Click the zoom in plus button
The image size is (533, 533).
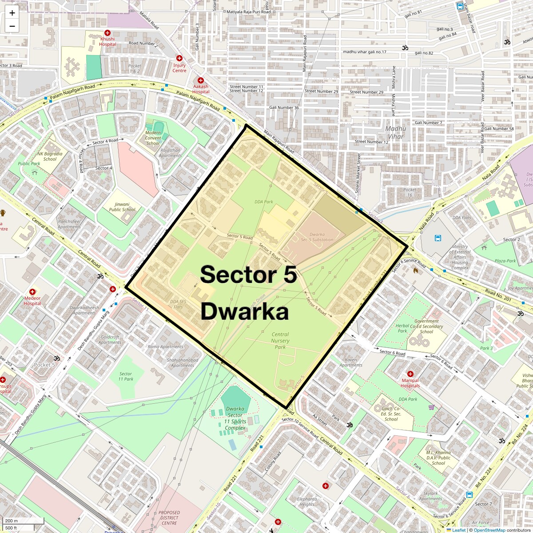coord(12,13)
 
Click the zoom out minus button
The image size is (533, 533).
coord(12,26)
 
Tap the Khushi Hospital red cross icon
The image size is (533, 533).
coord(107,33)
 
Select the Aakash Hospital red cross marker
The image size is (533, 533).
coord(200,80)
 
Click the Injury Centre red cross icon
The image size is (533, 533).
coord(179,58)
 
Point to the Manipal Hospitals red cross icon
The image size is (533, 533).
coord(410,374)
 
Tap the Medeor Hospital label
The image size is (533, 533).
coord(32,301)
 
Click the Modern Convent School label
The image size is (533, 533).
coord(153,138)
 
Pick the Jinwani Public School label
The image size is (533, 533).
coord(122,207)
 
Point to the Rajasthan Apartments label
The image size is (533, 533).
coord(171,153)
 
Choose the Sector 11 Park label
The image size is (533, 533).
coord(126,376)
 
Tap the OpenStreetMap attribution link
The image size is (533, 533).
coord(489,530)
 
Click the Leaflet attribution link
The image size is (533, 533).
coord(459,530)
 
